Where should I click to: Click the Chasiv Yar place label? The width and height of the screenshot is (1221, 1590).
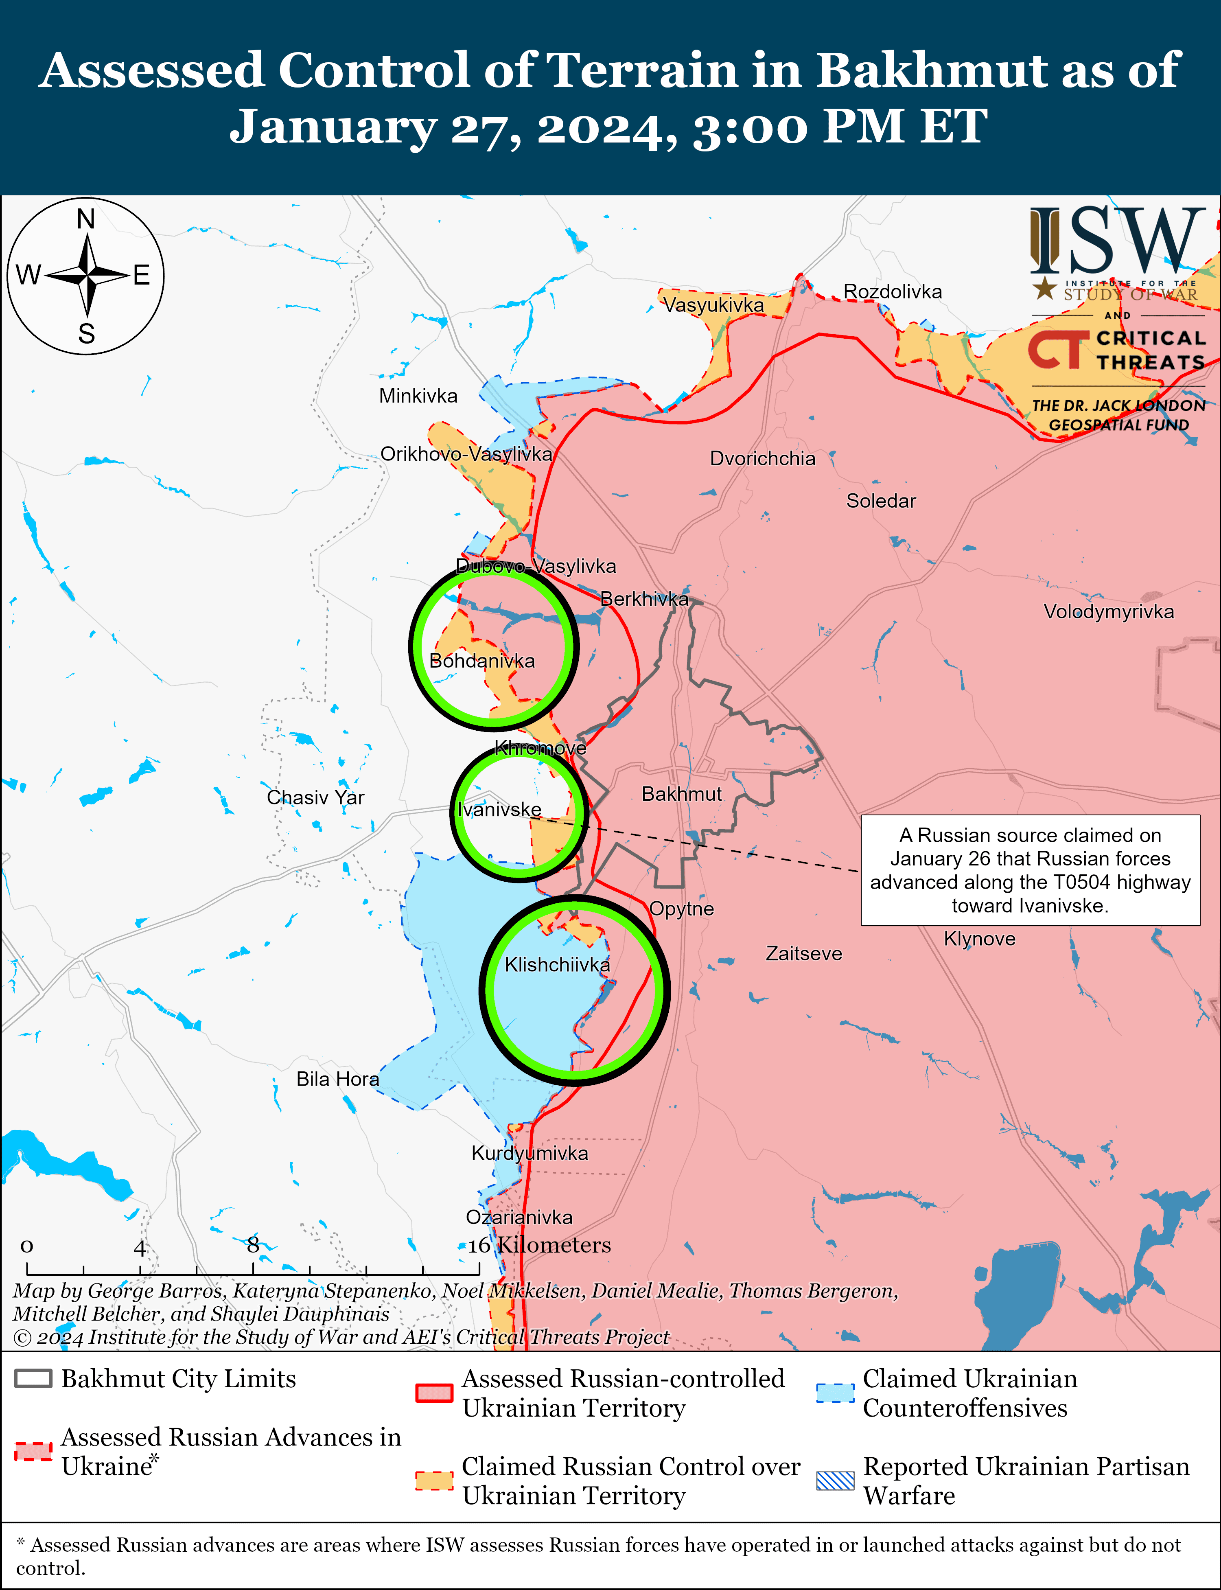[315, 797]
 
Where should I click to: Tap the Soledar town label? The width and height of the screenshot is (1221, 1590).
[881, 501]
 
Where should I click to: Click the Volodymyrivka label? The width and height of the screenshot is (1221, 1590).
[1108, 611]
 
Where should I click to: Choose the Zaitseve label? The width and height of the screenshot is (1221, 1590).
[804, 953]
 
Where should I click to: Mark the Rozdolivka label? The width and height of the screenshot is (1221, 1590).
[893, 291]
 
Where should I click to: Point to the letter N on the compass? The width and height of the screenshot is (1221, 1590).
[86, 219]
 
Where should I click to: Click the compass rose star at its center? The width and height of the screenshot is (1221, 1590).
[86, 276]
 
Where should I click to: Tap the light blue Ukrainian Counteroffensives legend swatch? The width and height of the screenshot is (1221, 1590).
[835, 1393]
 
